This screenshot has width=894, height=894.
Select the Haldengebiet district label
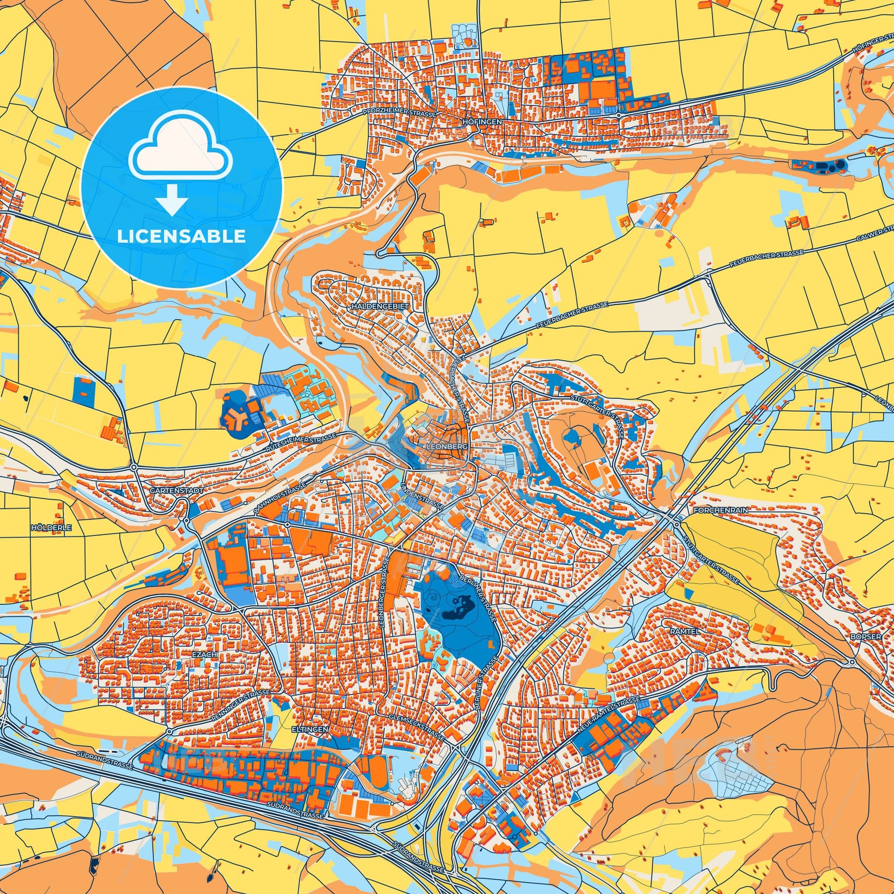pyautogui.click(x=373, y=306)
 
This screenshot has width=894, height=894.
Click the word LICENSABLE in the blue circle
pyautogui.click(x=181, y=237)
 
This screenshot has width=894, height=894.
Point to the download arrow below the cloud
pyautogui.click(x=172, y=199)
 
